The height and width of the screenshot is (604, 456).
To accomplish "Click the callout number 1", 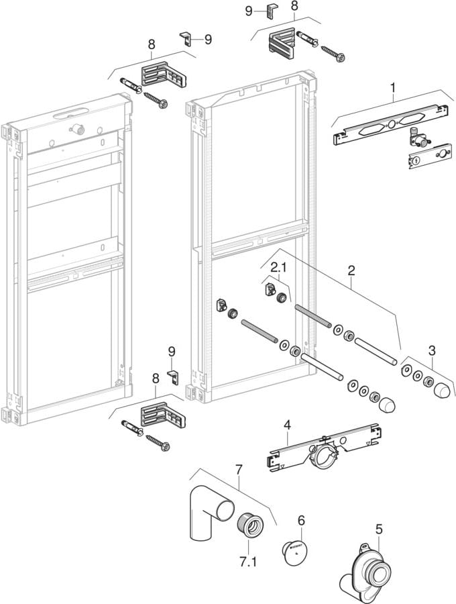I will tap(394, 87).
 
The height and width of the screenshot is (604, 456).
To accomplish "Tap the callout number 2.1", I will tap(278, 268).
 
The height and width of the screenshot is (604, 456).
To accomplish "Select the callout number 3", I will tap(432, 350).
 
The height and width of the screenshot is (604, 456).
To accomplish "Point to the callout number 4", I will tap(287, 425).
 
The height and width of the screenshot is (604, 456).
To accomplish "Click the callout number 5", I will tap(379, 530).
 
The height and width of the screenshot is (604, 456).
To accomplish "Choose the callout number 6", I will tap(301, 520).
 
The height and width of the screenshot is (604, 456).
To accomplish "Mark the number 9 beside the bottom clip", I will tap(172, 351).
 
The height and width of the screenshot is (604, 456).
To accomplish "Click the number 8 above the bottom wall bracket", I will tap(156, 379).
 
